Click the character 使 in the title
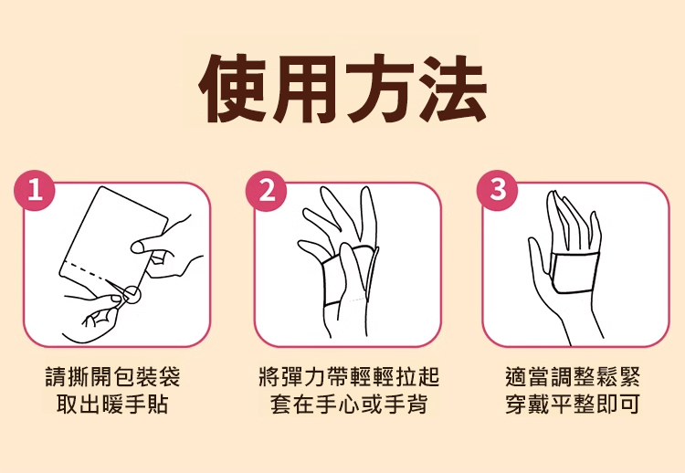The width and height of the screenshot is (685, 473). (233, 89)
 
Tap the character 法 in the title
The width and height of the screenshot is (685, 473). (453, 89)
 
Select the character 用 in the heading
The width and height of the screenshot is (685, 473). (306, 89)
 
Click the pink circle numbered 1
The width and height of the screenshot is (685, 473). (35, 191)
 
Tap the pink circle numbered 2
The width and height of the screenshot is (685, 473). (267, 191)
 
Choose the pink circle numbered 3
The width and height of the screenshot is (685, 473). (498, 191)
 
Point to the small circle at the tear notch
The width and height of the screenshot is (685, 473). (132, 296)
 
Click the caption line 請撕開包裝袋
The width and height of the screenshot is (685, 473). (112, 376)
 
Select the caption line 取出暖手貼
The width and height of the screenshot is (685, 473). (112, 404)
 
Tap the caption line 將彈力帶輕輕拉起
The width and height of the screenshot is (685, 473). (349, 376)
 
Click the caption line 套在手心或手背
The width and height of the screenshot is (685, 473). (349, 404)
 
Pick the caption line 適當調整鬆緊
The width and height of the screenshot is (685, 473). (573, 376)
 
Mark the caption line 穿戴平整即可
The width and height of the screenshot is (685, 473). (573, 404)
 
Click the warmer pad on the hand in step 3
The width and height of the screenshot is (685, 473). (574, 272)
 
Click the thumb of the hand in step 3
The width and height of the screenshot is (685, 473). (537, 258)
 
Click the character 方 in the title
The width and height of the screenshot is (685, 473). (379, 89)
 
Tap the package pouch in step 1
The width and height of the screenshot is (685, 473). (111, 238)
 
